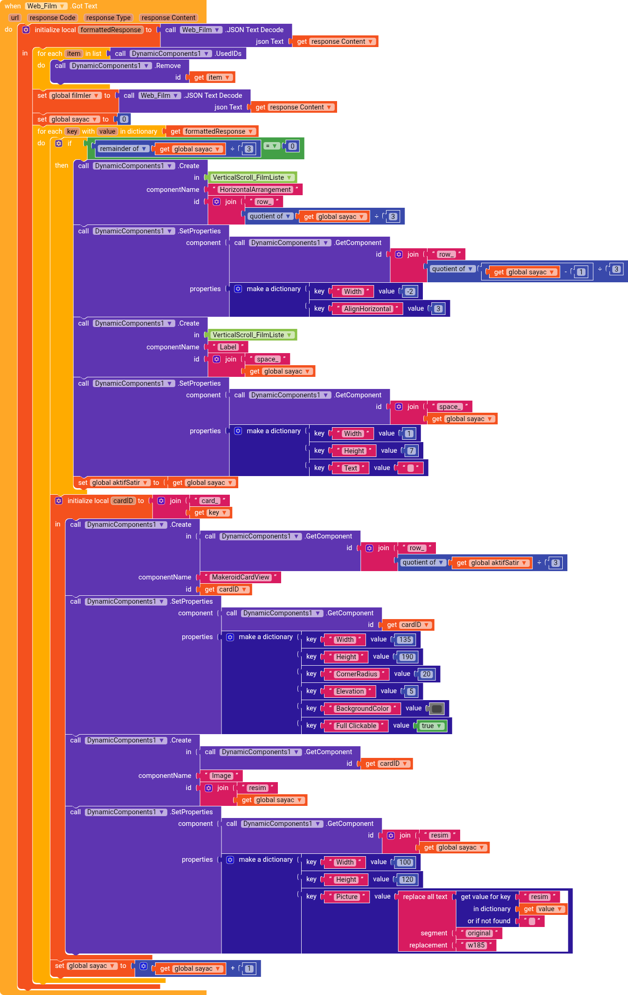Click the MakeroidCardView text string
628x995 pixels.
coord(240,577)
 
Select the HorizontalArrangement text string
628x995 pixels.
coord(255,190)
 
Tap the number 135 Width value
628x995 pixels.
coord(405,640)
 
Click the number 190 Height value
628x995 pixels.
coord(407,657)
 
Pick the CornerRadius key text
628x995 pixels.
coord(356,674)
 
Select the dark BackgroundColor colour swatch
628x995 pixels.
coord(437,709)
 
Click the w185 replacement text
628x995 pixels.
coord(476,945)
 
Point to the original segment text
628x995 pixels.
coord(479,933)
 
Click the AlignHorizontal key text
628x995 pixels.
coord(367,309)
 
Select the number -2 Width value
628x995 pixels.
coord(409,292)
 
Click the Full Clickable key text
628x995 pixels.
coord(356,726)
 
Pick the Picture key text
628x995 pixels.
coord(346,897)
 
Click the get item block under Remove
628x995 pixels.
coord(212,77)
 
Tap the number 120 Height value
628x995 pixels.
coord(407,879)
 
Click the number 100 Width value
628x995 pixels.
coord(405,862)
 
